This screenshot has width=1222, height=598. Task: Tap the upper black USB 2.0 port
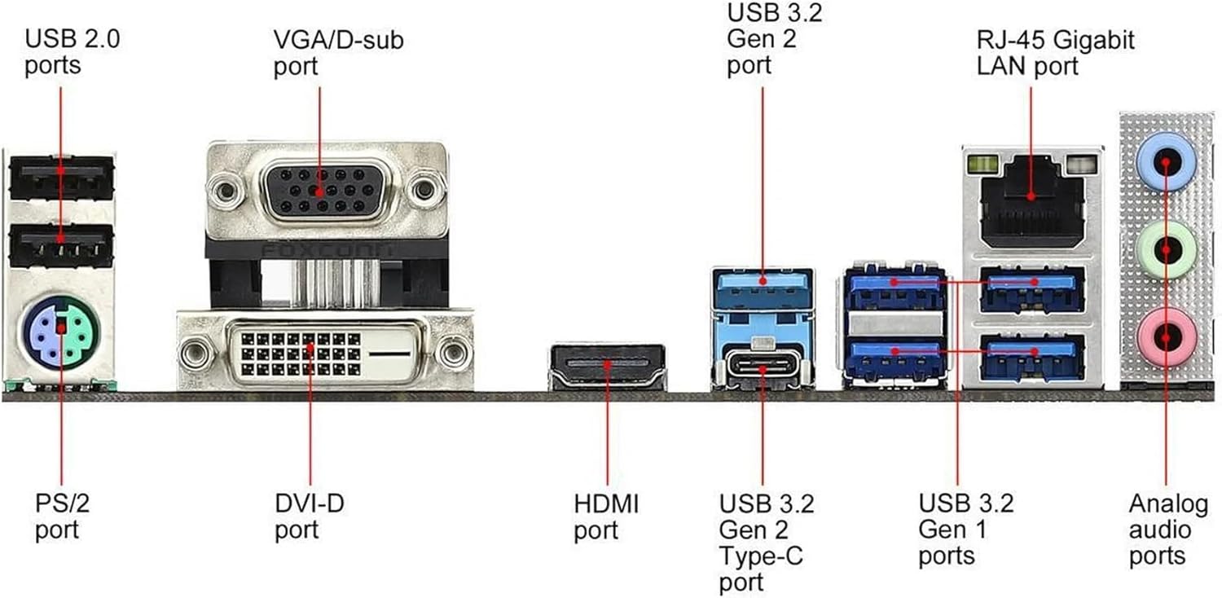[61, 178]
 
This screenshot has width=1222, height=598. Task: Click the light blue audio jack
[1167, 160]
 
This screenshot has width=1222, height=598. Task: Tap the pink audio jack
[1167, 333]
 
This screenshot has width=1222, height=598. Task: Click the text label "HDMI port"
[606, 517]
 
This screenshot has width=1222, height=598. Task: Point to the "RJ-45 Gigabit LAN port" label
[1055, 52]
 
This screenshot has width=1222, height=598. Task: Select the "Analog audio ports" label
[1167, 530]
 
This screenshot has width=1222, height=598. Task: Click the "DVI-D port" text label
[309, 517]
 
